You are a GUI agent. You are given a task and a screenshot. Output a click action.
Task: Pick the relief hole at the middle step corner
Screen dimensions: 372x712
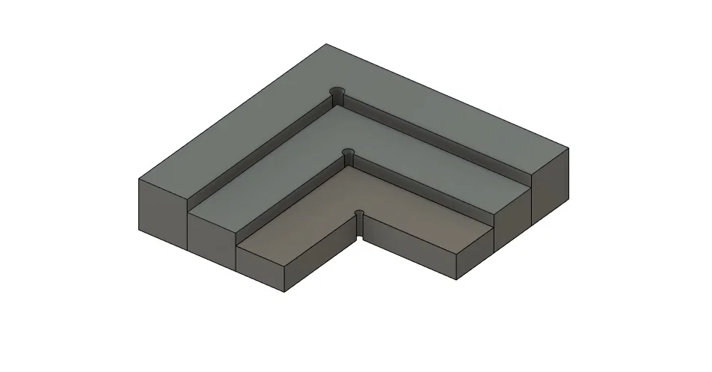click(347, 153)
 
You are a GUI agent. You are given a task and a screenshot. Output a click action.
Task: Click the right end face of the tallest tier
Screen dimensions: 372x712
click(550, 187)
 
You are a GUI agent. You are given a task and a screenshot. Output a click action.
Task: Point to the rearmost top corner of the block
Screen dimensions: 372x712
click(326, 44)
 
